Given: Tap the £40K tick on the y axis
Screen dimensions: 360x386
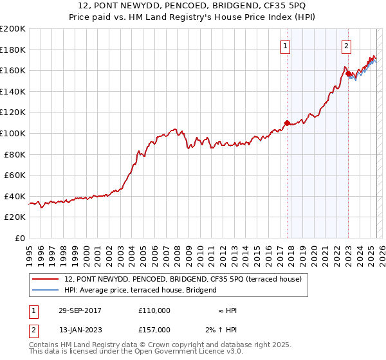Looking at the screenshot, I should [15, 196].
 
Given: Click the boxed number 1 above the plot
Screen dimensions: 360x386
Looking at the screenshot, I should [284, 46].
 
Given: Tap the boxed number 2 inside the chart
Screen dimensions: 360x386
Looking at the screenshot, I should [346, 46].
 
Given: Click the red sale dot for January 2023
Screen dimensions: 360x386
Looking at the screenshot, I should [348, 74].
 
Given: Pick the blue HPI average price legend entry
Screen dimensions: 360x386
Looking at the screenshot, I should [140, 290].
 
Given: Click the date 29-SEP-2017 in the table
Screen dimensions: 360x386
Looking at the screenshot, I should [80, 310].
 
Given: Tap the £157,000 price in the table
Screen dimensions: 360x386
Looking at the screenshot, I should [154, 330].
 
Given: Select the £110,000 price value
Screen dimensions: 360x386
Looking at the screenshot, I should [154, 310].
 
